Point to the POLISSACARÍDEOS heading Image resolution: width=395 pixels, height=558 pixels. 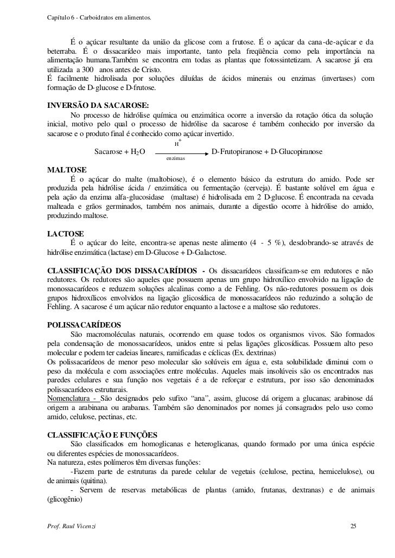(x=85, y=325)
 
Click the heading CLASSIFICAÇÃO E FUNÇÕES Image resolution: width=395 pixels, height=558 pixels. (x=103, y=435)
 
